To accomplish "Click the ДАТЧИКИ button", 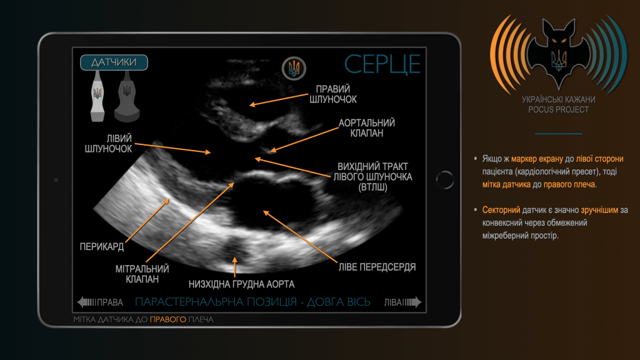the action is coord(114,62).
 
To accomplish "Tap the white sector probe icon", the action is coord(97,96).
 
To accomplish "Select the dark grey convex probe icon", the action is coord(127,97).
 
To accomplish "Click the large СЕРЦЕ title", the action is coord(382,64).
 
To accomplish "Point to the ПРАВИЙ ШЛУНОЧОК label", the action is coord(332,94).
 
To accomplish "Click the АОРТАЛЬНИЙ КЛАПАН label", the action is coord(366,128).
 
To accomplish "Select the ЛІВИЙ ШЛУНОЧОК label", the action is coord(108,144).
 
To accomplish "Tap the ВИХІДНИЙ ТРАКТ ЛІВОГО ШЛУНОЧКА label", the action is coord(372,177).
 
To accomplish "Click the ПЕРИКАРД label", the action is coord(102,246).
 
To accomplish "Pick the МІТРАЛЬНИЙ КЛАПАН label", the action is coord(142,274).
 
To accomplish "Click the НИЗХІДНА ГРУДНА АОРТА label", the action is coord(241,284).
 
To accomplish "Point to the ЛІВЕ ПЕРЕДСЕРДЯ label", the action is coord(377,267).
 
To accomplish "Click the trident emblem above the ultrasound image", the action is coord(294,68).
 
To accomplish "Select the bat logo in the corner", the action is coord(558,53).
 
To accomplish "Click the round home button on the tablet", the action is coord(445,179).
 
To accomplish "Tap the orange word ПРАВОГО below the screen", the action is coord(167,319).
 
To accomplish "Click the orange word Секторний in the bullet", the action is coord(501,210).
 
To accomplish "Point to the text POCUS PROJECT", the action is coord(558,109).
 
